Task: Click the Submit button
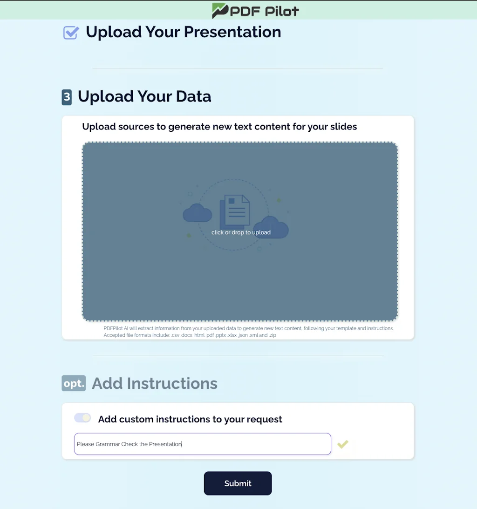238,483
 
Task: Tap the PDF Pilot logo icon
219,10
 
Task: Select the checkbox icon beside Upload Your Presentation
71,33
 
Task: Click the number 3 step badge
67,97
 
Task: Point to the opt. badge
74,383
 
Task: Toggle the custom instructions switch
82,418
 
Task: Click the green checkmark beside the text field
343,444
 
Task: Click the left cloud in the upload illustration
198,213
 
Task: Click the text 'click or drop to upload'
241,232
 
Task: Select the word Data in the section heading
193,96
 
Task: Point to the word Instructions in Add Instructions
172,383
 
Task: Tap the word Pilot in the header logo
282,11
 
